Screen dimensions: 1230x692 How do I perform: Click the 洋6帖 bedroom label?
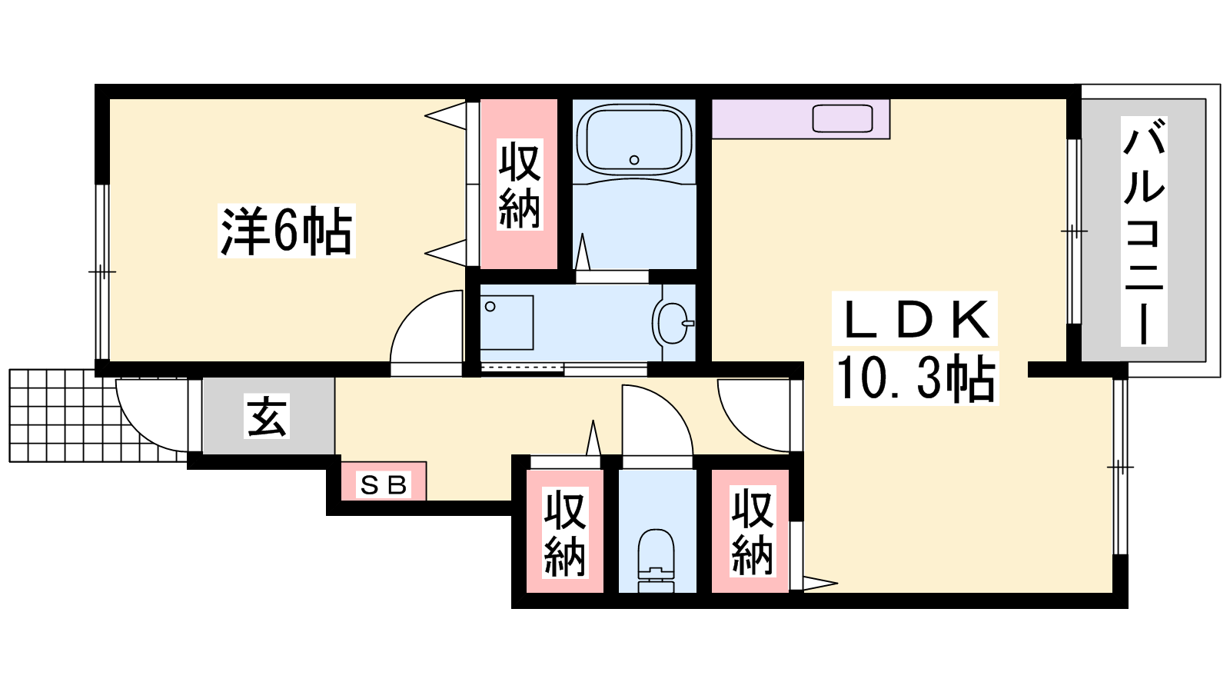click(x=286, y=231)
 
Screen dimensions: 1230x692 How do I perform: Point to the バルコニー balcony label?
click(x=1144, y=231)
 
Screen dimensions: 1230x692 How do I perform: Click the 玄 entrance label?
click(x=266, y=416)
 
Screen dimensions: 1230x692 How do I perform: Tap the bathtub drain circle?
click(x=634, y=160)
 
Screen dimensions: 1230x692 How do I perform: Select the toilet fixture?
click(x=657, y=561)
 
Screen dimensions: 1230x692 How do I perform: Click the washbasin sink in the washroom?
click(x=673, y=323)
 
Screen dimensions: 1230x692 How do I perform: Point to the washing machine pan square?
click(x=507, y=323)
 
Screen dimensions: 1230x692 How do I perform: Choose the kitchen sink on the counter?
click(x=843, y=118)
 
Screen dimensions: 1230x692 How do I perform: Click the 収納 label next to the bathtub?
click(x=520, y=185)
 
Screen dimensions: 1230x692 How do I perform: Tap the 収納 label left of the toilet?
click(x=565, y=533)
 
